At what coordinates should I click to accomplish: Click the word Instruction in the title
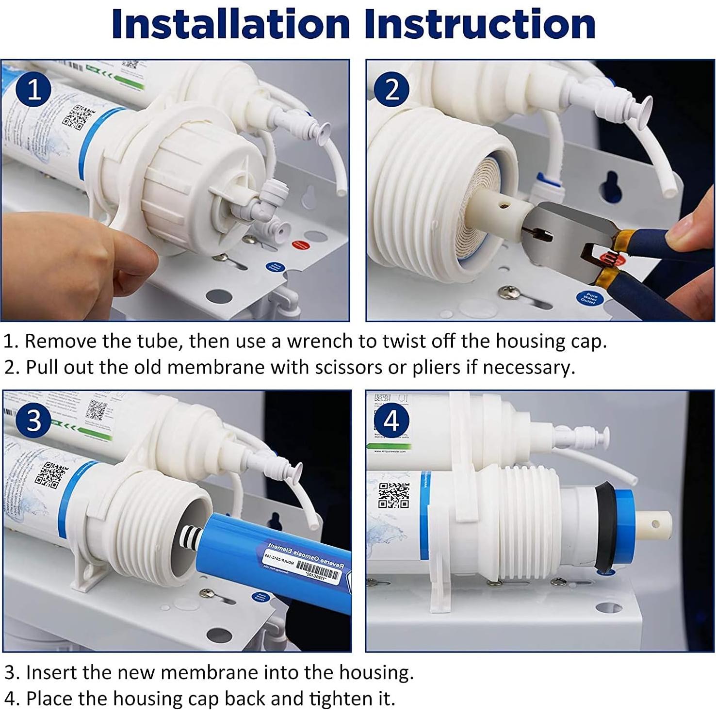click(480, 24)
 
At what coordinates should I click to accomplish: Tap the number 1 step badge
click(33, 90)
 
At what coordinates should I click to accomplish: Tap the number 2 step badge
click(392, 89)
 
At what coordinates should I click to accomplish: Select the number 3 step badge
click(33, 420)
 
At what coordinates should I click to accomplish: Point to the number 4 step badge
click(391, 421)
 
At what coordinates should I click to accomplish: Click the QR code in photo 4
click(394, 495)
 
